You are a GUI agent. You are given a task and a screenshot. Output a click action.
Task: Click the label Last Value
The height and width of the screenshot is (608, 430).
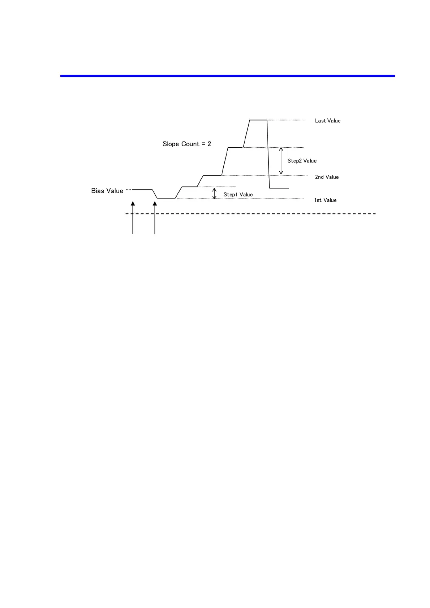click(327, 121)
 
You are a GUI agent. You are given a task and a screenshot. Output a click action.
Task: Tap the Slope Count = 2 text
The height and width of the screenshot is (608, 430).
click(186, 144)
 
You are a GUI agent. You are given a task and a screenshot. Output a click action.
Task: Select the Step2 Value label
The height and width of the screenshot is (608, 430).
click(302, 161)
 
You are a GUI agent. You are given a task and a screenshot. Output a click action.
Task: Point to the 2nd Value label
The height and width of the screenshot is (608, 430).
click(327, 177)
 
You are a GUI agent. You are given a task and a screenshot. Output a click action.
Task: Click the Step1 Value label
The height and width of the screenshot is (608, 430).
click(238, 195)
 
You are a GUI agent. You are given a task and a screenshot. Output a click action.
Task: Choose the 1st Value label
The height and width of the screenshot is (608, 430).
click(325, 200)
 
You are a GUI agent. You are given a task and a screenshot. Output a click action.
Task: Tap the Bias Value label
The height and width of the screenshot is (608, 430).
click(107, 191)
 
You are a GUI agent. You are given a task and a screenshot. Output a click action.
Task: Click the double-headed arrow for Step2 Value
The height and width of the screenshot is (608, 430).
click(281, 161)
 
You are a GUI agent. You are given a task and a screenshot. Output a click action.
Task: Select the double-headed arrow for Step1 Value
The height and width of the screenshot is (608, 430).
click(214, 194)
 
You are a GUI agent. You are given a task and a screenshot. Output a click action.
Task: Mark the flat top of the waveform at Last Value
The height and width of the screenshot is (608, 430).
click(258, 120)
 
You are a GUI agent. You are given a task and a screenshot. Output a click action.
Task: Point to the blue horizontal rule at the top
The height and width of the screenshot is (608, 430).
click(227, 76)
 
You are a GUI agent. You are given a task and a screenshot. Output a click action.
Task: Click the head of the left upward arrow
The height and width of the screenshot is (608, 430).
click(133, 204)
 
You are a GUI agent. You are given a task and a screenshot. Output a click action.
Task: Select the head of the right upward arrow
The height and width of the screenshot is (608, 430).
click(155, 204)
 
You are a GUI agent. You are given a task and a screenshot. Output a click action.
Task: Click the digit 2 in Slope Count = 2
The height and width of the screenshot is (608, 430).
click(209, 144)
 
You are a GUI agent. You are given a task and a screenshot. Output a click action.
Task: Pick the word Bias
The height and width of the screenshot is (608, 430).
click(98, 191)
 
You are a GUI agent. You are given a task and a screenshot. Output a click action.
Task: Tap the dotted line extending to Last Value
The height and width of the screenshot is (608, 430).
click(286, 120)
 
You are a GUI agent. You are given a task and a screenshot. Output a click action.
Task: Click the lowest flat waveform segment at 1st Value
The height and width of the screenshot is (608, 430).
click(166, 198)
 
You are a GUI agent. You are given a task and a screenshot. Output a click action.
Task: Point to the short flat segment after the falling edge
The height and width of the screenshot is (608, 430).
click(279, 188)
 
